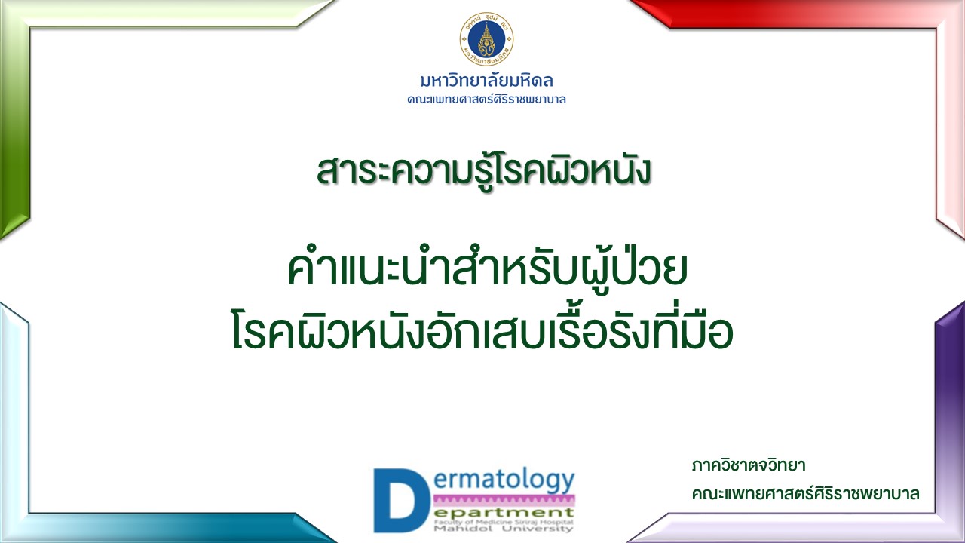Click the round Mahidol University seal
486,38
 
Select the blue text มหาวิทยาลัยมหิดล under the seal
486,81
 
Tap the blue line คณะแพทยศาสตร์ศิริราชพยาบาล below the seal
486,100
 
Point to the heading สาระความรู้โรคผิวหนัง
483,171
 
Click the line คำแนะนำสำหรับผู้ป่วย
487,269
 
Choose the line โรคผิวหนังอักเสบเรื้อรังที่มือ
482,328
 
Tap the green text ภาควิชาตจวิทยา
749,466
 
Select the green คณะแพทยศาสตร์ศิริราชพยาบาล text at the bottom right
806,493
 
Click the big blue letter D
402,500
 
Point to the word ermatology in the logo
504,481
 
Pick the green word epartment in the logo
504,513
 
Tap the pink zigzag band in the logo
504,501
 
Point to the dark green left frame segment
14,129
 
